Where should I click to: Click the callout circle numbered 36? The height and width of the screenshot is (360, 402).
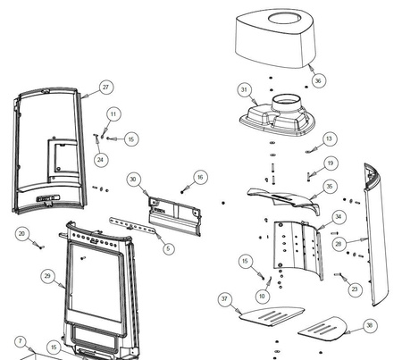318,80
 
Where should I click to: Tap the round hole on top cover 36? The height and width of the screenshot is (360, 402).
285,19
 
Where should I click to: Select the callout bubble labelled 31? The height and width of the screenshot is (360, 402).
245,89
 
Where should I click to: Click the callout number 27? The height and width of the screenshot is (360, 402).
106,88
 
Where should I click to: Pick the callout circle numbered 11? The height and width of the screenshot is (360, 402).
113,114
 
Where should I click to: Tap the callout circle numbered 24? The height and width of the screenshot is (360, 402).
101,160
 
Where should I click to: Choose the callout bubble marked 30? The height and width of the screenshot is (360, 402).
133,180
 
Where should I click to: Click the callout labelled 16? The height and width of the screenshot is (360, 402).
200,178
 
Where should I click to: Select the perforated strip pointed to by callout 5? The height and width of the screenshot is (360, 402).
132,226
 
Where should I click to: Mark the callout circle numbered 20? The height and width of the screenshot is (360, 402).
21,234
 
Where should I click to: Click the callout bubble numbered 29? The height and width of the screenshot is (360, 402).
47,276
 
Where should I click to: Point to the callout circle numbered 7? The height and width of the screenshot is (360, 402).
21,341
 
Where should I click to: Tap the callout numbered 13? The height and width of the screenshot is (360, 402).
329,138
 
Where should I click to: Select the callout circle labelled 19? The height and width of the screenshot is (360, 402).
331,163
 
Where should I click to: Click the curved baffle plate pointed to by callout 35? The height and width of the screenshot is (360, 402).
284,198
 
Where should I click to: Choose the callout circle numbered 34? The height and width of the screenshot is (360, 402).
339,216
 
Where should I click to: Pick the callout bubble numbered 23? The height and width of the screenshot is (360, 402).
355,289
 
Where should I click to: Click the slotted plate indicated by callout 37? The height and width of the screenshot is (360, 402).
272,316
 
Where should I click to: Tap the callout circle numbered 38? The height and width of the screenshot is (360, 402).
370,325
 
